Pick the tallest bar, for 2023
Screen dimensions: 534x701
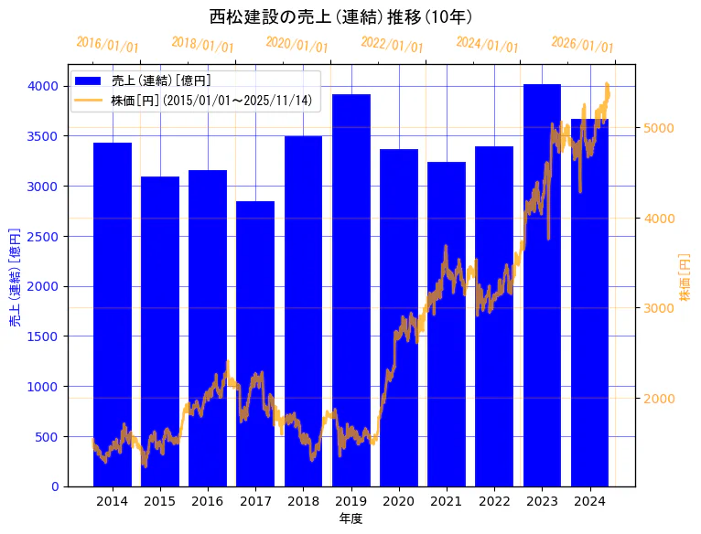click(542, 284)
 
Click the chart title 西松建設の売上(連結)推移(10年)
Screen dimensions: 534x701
click(340, 17)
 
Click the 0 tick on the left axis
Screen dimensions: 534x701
click(54, 486)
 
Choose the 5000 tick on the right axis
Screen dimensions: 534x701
click(659, 128)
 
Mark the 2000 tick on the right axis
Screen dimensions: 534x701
click(659, 399)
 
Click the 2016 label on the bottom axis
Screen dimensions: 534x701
click(208, 501)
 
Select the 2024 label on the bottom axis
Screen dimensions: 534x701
click(589, 501)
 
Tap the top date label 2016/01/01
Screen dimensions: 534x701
click(107, 44)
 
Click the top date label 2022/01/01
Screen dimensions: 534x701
click(392, 44)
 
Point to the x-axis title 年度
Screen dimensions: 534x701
click(350, 518)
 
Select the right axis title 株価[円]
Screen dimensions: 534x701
click(685, 277)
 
